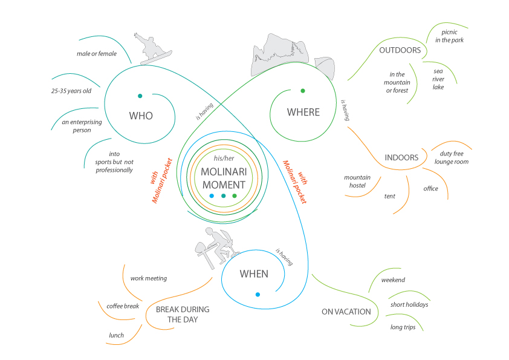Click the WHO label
coord(140,116)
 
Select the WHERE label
coord(303,112)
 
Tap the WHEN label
coord(254,274)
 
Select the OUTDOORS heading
coord(400,50)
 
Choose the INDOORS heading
coord(401,158)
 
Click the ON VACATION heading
coord(346,312)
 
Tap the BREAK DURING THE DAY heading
coord(183,314)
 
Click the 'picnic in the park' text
coord(453,36)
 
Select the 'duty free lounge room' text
coord(451,158)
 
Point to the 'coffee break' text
coord(123,306)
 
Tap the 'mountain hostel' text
coord(357,182)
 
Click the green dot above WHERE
coord(303,91)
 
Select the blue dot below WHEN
coord(258,295)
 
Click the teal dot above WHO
coord(140,95)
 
